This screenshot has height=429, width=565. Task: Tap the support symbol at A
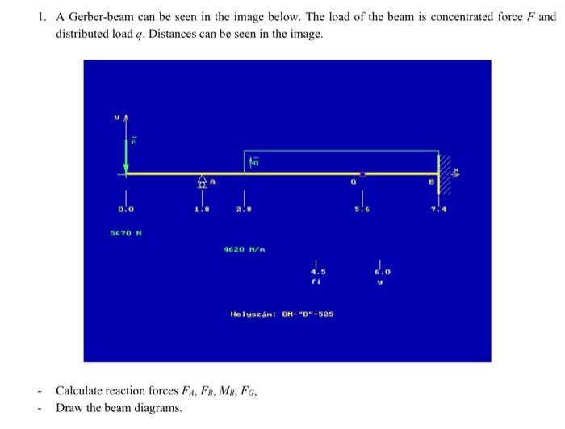pyautogui.click(x=200, y=184)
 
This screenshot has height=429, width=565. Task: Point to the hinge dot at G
pyautogui.click(x=362, y=173)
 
